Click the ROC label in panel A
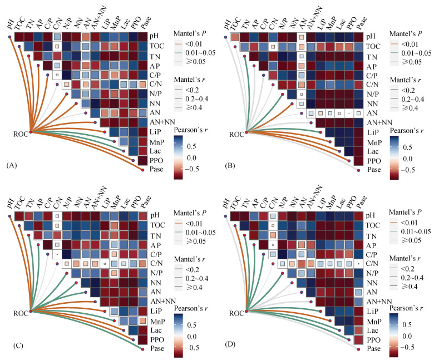click(x=21, y=134)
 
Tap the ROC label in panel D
click(x=236, y=313)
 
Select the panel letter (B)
click(x=230, y=166)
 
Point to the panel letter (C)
click(x=18, y=345)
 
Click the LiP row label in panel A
click(x=156, y=132)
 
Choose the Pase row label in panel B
click(x=374, y=169)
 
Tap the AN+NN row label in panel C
click(x=163, y=301)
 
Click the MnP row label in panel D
click(x=374, y=322)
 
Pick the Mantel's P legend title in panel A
click(x=190, y=34)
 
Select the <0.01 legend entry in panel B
click(x=410, y=45)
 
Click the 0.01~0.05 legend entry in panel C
click(x=200, y=233)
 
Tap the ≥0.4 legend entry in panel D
click(x=409, y=286)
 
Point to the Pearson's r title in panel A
click(x=191, y=130)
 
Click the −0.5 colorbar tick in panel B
click(x=407, y=170)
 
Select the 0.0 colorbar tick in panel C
click(x=192, y=337)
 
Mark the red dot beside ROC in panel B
click(x=246, y=132)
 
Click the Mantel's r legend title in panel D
click(x=406, y=258)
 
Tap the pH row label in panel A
click(x=155, y=36)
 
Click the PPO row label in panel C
click(x=157, y=339)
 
